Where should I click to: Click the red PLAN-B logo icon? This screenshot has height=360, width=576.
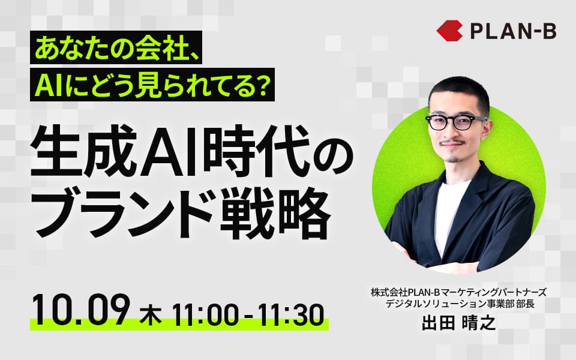pyautogui.click(x=449, y=31)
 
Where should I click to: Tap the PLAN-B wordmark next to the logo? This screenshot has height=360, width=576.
pyautogui.click(x=513, y=31)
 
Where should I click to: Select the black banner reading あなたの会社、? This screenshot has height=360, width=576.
pyautogui.click(x=116, y=47)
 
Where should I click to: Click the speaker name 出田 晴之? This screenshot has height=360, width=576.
pyautogui.click(x=459, y=323)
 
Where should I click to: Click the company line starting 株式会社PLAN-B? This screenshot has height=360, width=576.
pyautogui.click(x=458, y=293)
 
